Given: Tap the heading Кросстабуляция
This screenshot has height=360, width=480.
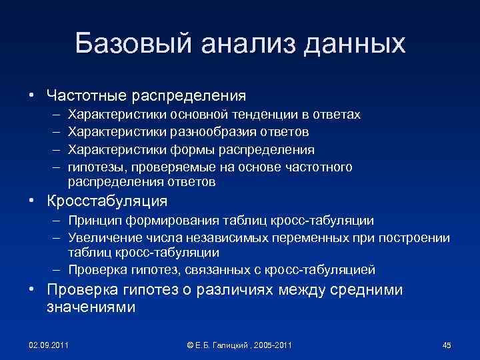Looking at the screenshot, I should click(x=107, y=201).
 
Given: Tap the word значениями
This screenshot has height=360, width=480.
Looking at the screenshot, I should click(x=91, y=307).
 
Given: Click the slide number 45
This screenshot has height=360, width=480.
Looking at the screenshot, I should click(x=447, y=345).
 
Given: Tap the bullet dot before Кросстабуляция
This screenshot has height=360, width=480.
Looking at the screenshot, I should click(x=31, y=201).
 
